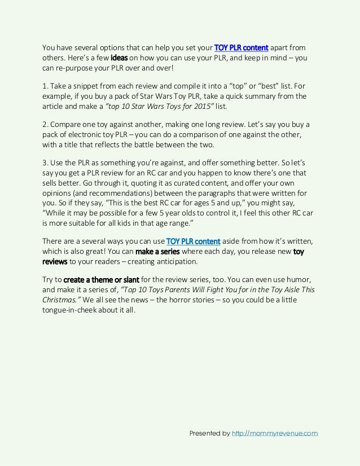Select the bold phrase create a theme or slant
101,279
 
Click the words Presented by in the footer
209,433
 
